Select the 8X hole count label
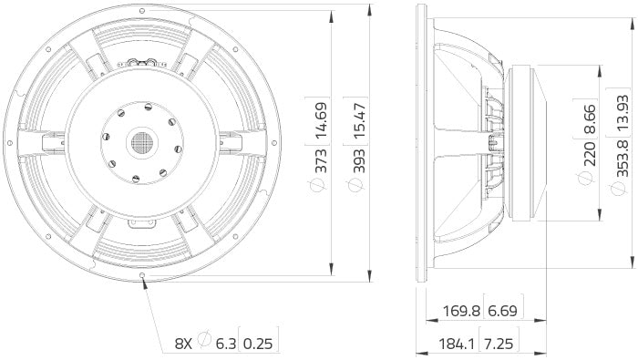click(184, 344)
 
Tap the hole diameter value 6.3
click(225, 344)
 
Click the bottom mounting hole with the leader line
click(143, 275)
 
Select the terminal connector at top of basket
click(143, 63)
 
